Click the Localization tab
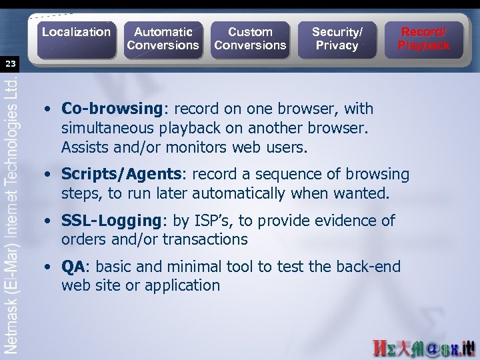[76, 32]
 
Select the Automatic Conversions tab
[163, 39]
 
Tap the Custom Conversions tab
[250, 39]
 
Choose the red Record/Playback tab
[424, 39]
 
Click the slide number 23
[10, 64]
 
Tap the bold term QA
[73, 267]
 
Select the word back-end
[367, 267]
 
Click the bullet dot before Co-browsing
[50, 109]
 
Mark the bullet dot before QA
[50, 267]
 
